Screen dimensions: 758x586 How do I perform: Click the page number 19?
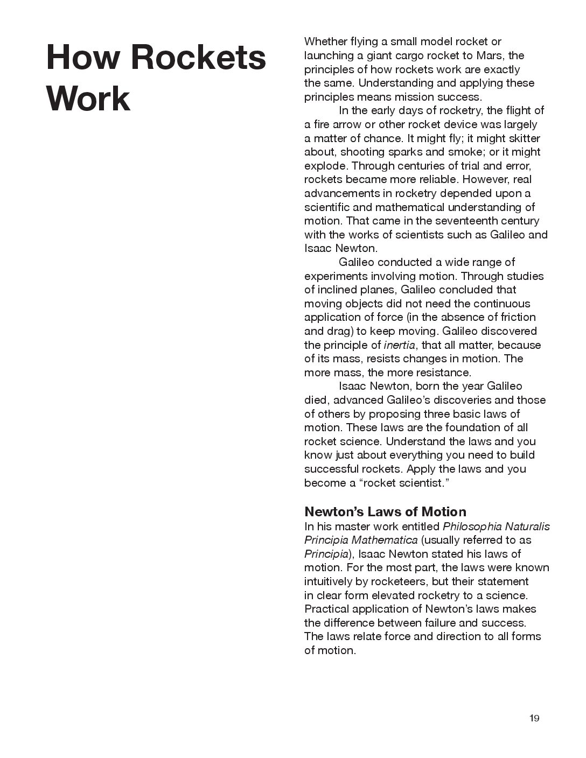(534, 718)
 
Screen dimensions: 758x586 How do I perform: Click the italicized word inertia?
(399, 345)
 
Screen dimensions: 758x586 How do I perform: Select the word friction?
(516, 317)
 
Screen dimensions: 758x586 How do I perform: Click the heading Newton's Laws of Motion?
(385, 511)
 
